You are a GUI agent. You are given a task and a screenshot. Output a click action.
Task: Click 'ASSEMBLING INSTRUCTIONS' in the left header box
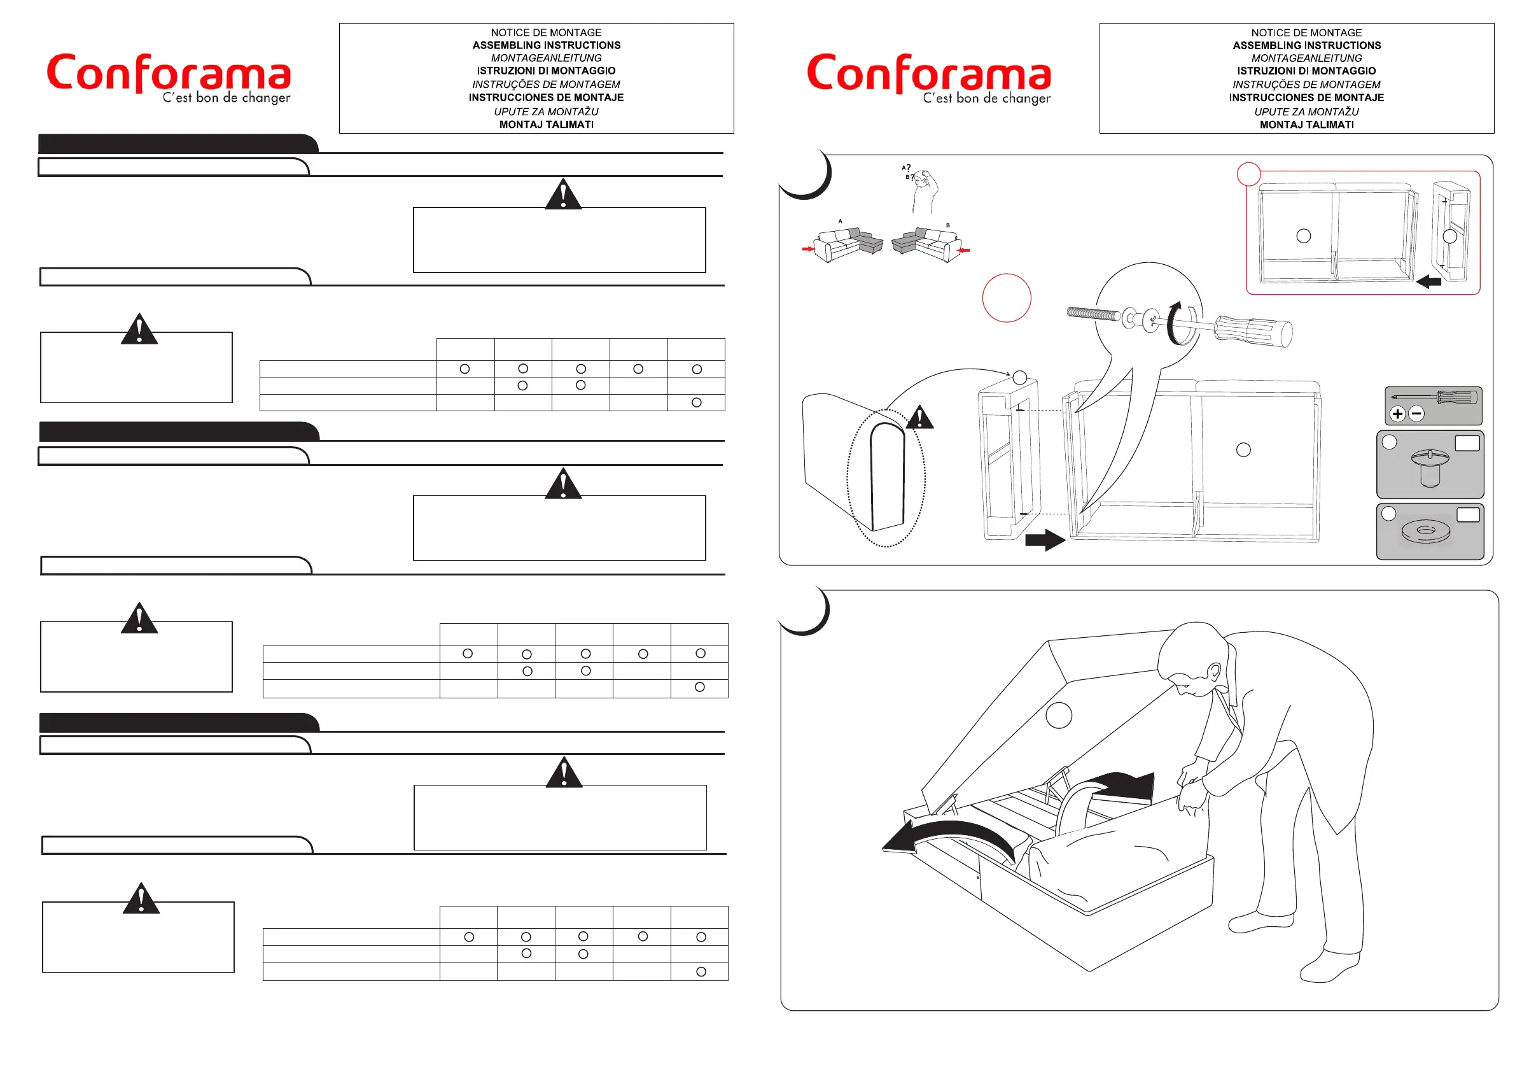(x=547, y=46)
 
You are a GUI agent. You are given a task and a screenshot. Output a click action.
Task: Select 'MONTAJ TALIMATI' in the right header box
(x=1306, y=125)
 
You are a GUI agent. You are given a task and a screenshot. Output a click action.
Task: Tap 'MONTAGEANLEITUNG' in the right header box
(x=1306, y=58)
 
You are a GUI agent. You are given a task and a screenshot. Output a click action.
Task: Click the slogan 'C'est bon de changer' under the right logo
(x=986, y=99)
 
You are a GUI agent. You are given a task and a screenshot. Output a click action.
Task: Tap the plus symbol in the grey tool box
(x=1397, y=414)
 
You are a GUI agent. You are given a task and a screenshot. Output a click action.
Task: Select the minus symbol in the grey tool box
(x=1416, y=414)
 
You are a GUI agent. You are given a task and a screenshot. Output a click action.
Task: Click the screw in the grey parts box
(x=1429, y=466)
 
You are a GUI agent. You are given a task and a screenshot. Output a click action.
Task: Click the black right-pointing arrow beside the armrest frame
(x=1045, y=540)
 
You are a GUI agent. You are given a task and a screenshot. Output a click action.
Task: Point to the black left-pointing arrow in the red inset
(x=1428, y=282)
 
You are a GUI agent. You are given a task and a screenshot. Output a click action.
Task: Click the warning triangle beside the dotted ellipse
(x=920, y=418)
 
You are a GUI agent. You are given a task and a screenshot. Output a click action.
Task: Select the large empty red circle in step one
(x=1006, y=298)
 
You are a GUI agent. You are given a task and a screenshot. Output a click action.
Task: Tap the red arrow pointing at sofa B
(x=964, y=251)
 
